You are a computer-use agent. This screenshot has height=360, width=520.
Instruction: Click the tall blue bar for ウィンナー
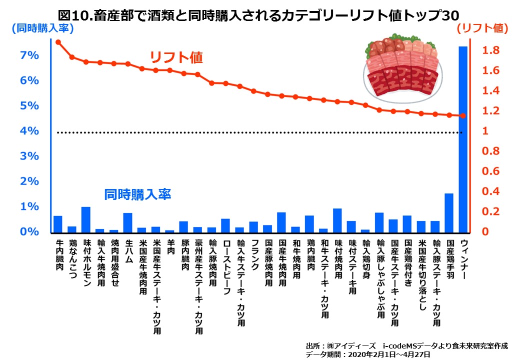click(x=463, y=140)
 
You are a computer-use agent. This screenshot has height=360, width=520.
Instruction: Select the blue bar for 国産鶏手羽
click(x=449, y=213)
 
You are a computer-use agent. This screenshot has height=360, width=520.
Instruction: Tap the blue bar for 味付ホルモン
click(x=86, y=220)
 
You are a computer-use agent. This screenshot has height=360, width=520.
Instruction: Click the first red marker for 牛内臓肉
click(x=58, y=42)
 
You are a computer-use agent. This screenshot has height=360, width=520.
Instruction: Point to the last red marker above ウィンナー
click(x=463, y=116)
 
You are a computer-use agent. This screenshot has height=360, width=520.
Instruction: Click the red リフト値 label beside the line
click(x=177, y=57)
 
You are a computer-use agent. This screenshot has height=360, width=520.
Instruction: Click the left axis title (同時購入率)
click(x=42, y=28)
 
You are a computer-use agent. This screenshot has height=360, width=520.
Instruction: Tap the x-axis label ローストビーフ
click(x=226, y=260)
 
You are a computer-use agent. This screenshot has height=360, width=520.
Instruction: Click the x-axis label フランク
click(x=254, y=254)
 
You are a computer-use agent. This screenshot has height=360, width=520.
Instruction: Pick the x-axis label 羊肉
click(x=170, y=248)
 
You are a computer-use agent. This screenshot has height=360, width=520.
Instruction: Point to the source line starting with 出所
click(x=405, y=345)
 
